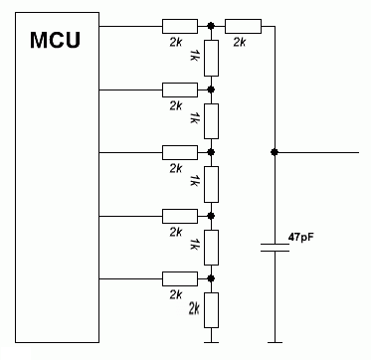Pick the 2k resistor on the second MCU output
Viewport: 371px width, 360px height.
[180, 90]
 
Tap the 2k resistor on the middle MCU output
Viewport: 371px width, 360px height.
[180, 152]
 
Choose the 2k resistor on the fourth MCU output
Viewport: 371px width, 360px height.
[180, 215]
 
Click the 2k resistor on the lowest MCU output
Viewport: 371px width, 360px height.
[180, 277]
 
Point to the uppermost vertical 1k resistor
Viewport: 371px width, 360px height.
[211, 58]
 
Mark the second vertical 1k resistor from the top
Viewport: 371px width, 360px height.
[211, 120]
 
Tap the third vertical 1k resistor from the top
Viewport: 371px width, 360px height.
[211, 183]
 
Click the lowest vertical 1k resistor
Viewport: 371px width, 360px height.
[211, 246]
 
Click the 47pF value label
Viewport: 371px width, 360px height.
[300, 236]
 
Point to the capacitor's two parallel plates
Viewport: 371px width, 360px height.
[273, 247]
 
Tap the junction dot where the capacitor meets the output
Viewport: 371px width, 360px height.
[273, 152]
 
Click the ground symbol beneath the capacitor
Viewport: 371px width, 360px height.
[273, 342]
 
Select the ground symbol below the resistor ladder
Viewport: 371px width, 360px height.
[211, 342]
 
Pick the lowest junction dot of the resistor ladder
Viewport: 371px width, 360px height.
[211, 277]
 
